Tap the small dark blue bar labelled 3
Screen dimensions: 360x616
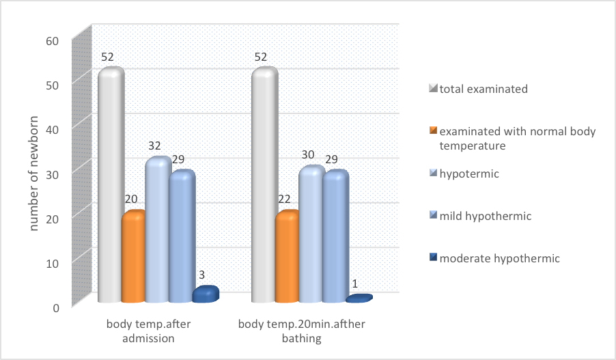[205, 294]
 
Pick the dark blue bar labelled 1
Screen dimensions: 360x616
[359, 299]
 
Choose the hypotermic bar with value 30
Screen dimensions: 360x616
[311, 235]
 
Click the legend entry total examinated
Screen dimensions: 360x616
[484, 89]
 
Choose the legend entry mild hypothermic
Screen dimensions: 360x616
[485, 216]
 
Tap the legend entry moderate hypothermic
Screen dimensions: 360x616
[499, 258]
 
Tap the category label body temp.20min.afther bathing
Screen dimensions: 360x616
[302, 331]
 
